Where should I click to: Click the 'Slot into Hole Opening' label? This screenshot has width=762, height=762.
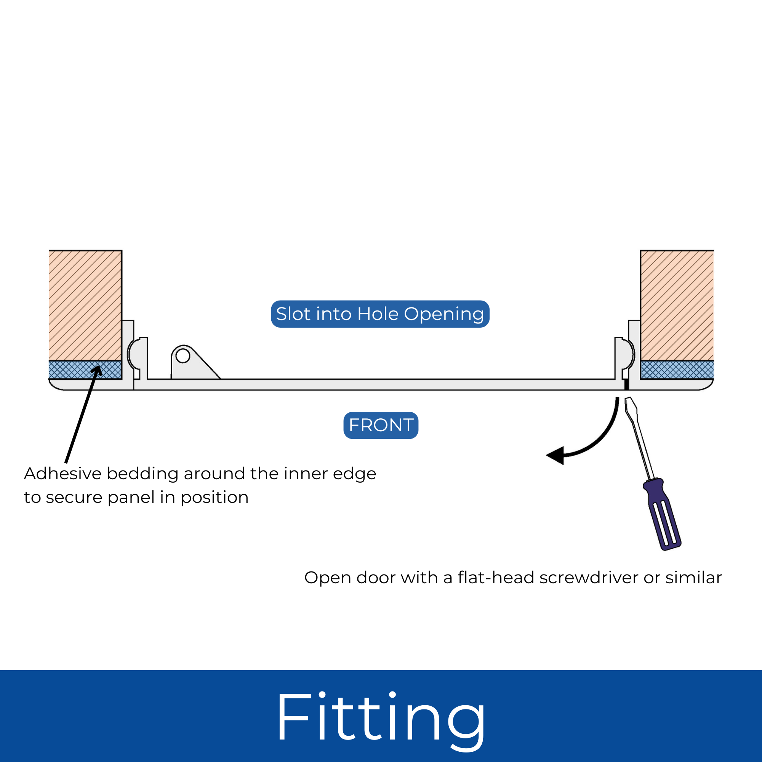pos(380,314)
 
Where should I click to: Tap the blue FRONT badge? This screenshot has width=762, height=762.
pos(381,425)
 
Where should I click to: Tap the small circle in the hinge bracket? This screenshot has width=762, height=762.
pos(182,356)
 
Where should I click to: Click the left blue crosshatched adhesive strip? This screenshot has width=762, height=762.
pos(85,370)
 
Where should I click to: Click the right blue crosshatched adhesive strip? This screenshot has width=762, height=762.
pos(677,370)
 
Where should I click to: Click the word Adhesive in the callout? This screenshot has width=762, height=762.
pos(63,474)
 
